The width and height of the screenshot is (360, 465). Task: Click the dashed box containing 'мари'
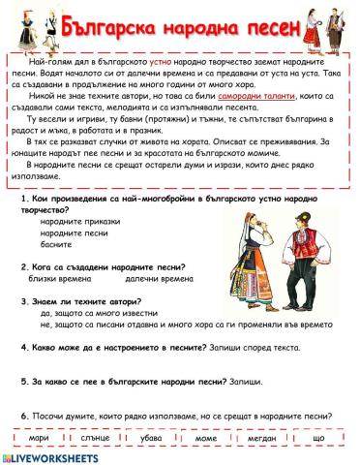tap(39, 438)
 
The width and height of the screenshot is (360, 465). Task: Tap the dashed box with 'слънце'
tap(96, 438)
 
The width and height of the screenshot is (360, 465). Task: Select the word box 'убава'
tap(152, 438)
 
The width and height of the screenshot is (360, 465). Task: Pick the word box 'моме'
tap(206, 438)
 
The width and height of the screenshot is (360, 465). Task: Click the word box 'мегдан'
tap(262, 438)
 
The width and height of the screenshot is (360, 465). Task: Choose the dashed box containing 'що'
tap(319, 438)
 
